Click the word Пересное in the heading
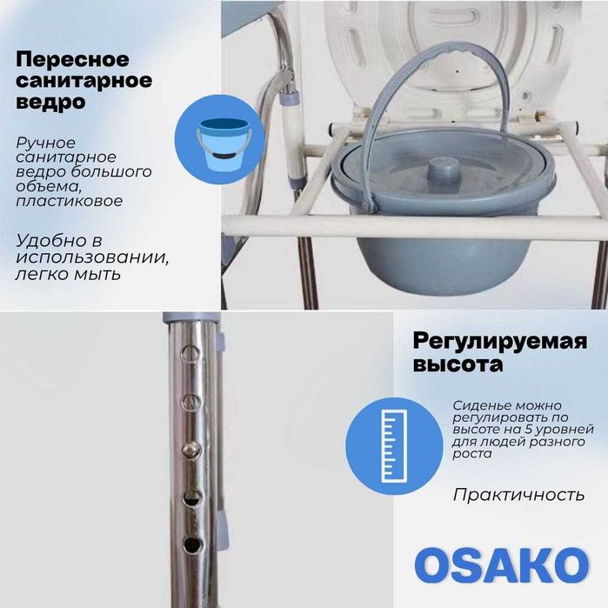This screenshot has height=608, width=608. click(72, 60)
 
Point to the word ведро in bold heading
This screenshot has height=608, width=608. click(50, 102)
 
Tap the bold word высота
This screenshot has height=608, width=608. click(458, 365)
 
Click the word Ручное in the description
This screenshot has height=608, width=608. click(45, 143)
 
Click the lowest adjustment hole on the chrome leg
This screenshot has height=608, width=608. click(190, 546)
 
